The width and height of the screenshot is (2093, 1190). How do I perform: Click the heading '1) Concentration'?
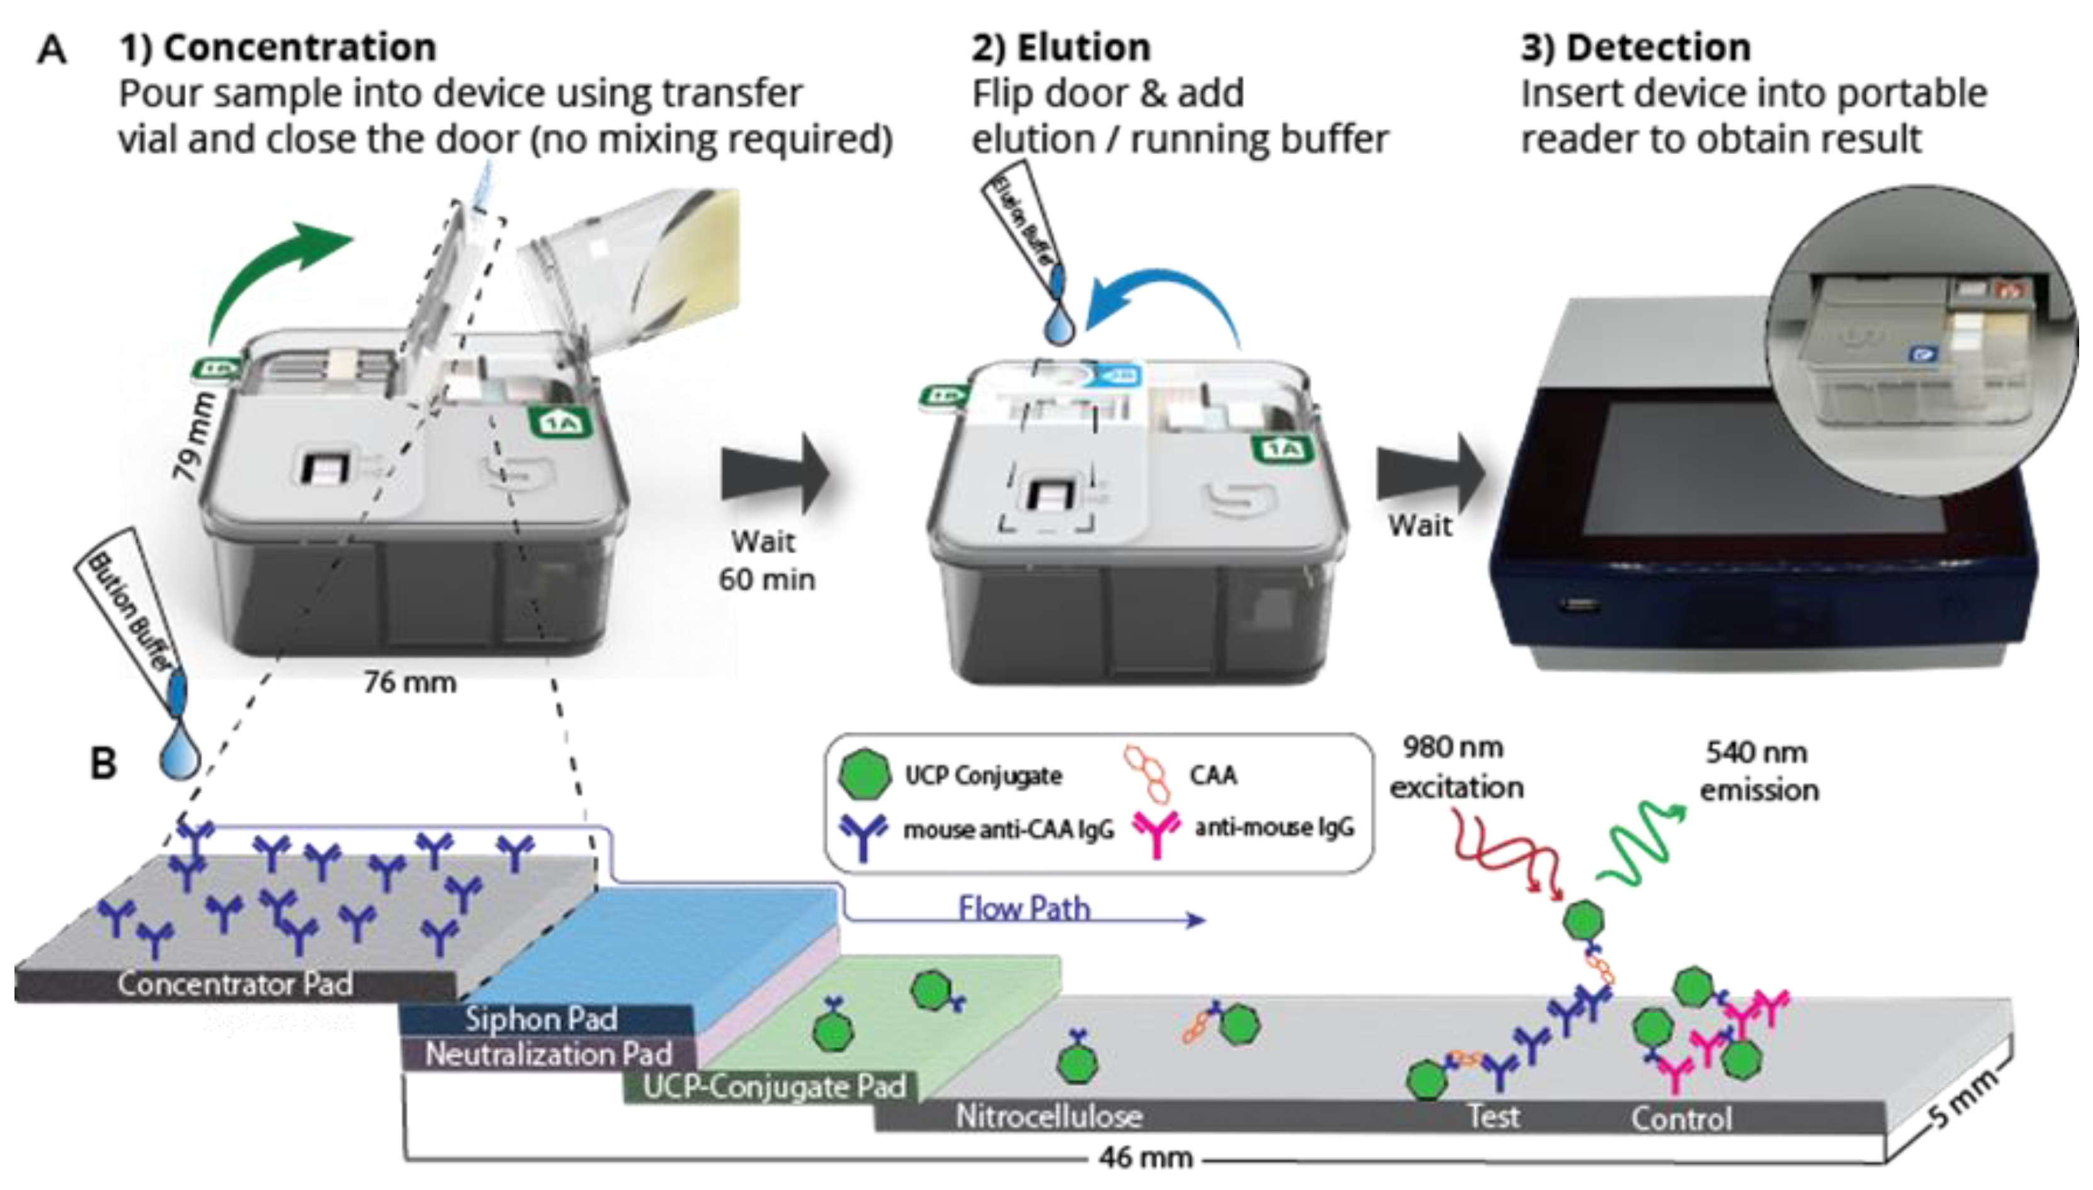coord(278,47)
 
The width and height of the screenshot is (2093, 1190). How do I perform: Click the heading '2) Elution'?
coord(1061,47)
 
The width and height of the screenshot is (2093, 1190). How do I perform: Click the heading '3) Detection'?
coord(1635,47)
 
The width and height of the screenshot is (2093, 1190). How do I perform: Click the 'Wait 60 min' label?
coord(765,560)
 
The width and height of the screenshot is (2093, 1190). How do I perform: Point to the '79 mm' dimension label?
coord(195,437)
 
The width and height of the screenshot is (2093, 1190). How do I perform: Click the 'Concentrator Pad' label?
coord(236,983)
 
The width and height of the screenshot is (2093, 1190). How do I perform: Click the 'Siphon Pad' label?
coord(541,1019)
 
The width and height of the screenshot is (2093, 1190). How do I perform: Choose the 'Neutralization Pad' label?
coord(549,1055)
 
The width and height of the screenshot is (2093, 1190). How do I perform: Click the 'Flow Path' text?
coord(1024,908)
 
